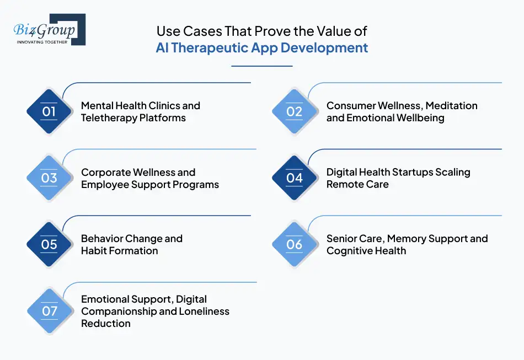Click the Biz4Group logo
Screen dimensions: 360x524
coord(49,29)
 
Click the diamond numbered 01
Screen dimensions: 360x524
coord(50,111)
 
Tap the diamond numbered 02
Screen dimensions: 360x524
coord(295,111)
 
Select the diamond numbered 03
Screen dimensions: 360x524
coord(50,178)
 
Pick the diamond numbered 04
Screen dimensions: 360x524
coord(295,178)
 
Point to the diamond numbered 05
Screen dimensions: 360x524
coord(50,244)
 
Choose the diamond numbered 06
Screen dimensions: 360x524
coord(295,244)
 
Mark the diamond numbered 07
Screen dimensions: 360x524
coord(50,311)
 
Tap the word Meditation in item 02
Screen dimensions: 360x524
coord(451,106)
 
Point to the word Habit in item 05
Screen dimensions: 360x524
coord(94,251)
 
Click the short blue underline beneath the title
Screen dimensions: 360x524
coord(261,66)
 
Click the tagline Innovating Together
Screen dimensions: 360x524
coord(42,42)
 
